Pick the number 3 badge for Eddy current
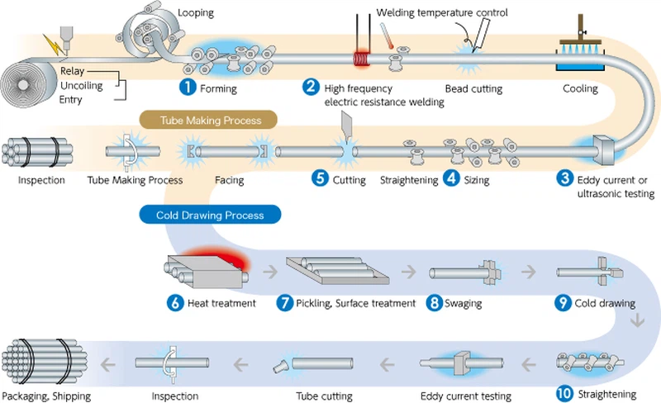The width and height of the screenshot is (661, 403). pyautogui.click(x=564, y=178)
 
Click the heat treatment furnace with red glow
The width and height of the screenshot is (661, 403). pyautogui.click(x=207, y=270)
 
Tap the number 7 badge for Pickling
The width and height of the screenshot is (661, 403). pyautogui.click(x=284, y=302)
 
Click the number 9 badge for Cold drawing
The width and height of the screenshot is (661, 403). pyautogui.click(x=563, y=302)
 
